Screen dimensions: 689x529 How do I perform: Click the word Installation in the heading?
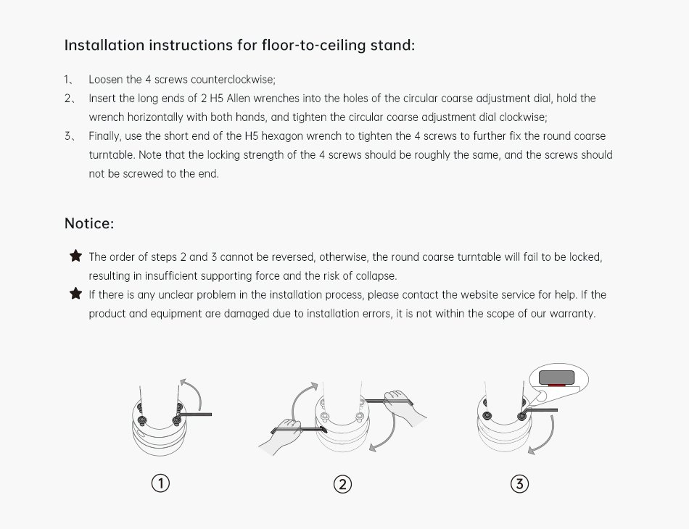(104, 45)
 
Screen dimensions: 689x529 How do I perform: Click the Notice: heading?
(89, 223)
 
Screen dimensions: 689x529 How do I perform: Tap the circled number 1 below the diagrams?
(160, 483)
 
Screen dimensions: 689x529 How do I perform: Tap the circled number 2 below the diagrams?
(343, 484)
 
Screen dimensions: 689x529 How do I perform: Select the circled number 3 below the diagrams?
(520, 484)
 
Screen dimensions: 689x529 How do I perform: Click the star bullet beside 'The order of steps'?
(75, 256)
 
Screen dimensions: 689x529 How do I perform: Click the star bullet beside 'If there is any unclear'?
(75, 293)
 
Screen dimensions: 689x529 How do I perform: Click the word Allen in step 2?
(238, 99)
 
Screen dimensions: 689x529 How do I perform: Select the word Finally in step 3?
(104, 136)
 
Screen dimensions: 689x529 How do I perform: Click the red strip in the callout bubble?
(556, 385)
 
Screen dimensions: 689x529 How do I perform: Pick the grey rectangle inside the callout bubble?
(557, 377)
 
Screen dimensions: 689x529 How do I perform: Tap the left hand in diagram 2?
(281, 435)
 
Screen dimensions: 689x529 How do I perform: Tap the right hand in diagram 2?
(403, 406)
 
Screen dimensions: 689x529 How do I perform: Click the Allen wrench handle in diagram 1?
(196, 414)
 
